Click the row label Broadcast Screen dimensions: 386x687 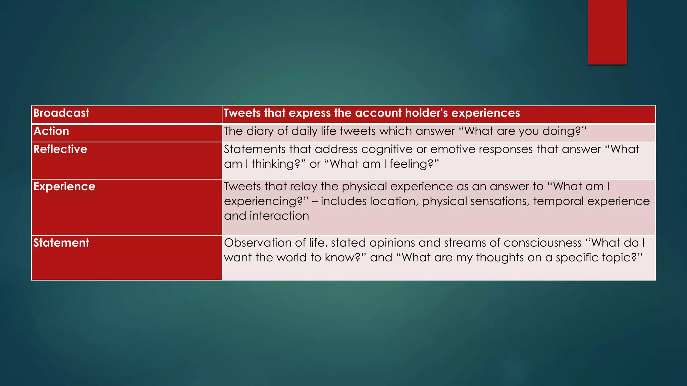point(61,113)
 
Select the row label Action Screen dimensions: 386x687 point(51,131)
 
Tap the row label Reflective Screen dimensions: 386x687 point(60,149)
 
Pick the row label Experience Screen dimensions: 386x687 point(64,187)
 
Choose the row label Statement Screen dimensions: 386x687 point(61,243)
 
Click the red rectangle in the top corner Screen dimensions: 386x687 point(607,32)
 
